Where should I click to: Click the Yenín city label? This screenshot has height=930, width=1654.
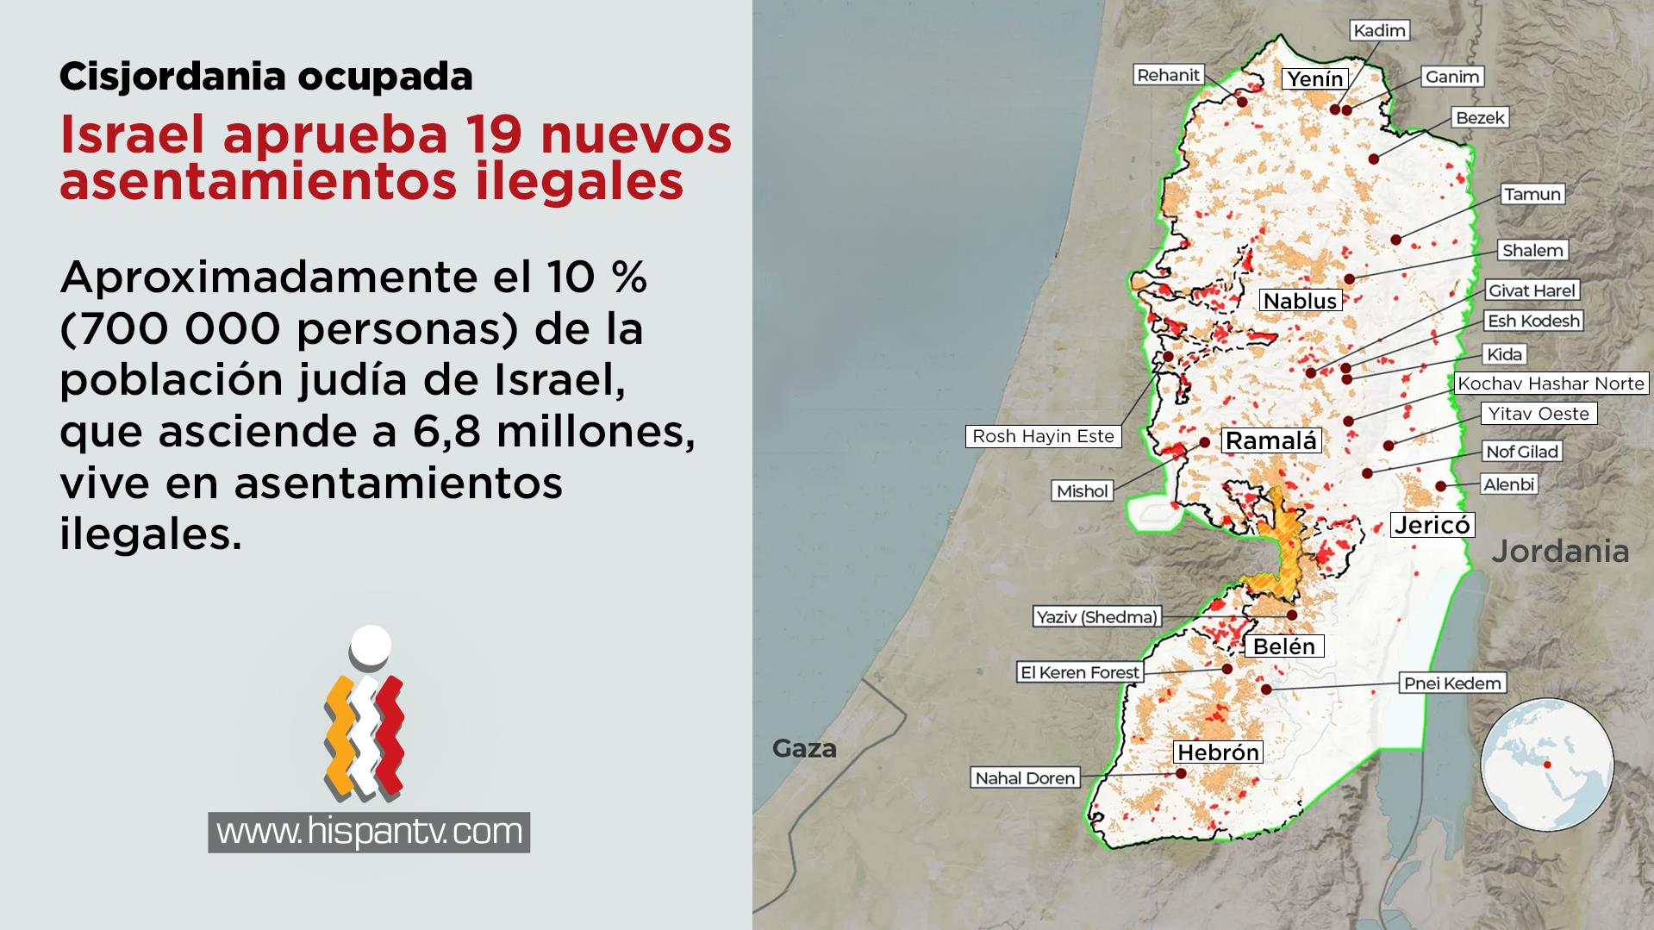(x=1314, y=79)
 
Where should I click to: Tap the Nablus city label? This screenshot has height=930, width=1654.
(x=1300, y=301)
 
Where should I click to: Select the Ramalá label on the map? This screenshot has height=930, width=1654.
(x=1271, y=441)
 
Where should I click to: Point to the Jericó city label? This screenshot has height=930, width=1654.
(x=1432, y=525)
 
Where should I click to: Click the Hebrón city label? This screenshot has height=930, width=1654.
(x=1218, y=752)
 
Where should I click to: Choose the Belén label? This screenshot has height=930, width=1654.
(x=1284, y=646)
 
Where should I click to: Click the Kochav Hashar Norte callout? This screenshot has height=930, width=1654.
(x=1551, y=384)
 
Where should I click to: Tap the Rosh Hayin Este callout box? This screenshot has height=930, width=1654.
(x=1043, y=436)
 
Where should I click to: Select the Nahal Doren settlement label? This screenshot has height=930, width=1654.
(x=1025, y=778)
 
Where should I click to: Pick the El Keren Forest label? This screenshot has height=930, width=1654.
(x=1080, y=672)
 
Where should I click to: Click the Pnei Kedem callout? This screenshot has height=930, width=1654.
(x=1452, y=683)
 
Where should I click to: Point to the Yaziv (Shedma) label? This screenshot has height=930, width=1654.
(x=1096, y=617)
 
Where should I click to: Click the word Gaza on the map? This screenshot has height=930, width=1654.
(x=804, y=748)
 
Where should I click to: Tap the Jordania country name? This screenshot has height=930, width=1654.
(x=1560, y=552)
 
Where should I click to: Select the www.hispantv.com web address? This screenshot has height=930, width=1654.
(x=369, y=832)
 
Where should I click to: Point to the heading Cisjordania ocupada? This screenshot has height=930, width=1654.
(x=265, y=77)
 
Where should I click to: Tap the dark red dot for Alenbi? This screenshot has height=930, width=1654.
(x=1440, y=486)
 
